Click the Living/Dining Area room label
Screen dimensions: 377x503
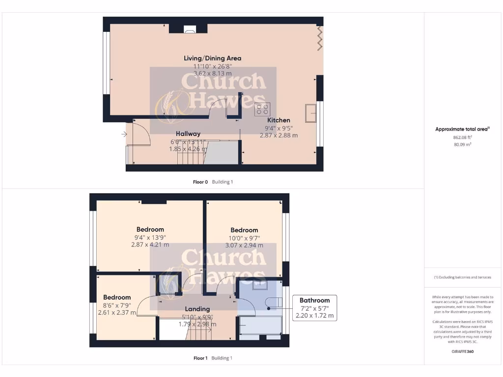pyautogui.click(x=212, y=58)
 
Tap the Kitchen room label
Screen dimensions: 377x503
pyautogui.click(x=279, y=120)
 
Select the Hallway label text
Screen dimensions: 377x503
pyautogui.click(x=188, y=134)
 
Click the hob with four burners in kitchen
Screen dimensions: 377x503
pyautogui.click(x=261, y=109)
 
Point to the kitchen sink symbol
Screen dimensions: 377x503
pyautogui.click(x=310, y=113)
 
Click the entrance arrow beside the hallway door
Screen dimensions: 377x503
pyautogui.click(x=122, y=133)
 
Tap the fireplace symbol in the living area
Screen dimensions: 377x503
pyautogui.click(x=190, y=29)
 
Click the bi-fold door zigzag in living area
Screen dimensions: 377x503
pyautogui.click(x=320, y=38)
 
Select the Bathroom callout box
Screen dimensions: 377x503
pyautogui.click(x=315, y=308)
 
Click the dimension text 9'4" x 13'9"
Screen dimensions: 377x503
pyautogui.click(x=150, y=237)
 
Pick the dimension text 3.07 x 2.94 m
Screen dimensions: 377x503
pyautogui.click(x=244, y=245)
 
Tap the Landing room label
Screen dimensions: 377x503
pyautogui.click(x=197, y=309)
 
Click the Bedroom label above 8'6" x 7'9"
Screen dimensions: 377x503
pyautogui.click(x=117, y=297)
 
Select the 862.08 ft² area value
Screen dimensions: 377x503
pyautogui.click(x=462, y=137)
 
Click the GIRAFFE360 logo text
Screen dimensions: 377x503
pyautogui.click(x=462, y=351)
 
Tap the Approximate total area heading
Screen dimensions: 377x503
pyautogui.click(x=462, y=129)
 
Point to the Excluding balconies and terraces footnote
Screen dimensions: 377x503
pyautogui.click(x=462, y=277)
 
